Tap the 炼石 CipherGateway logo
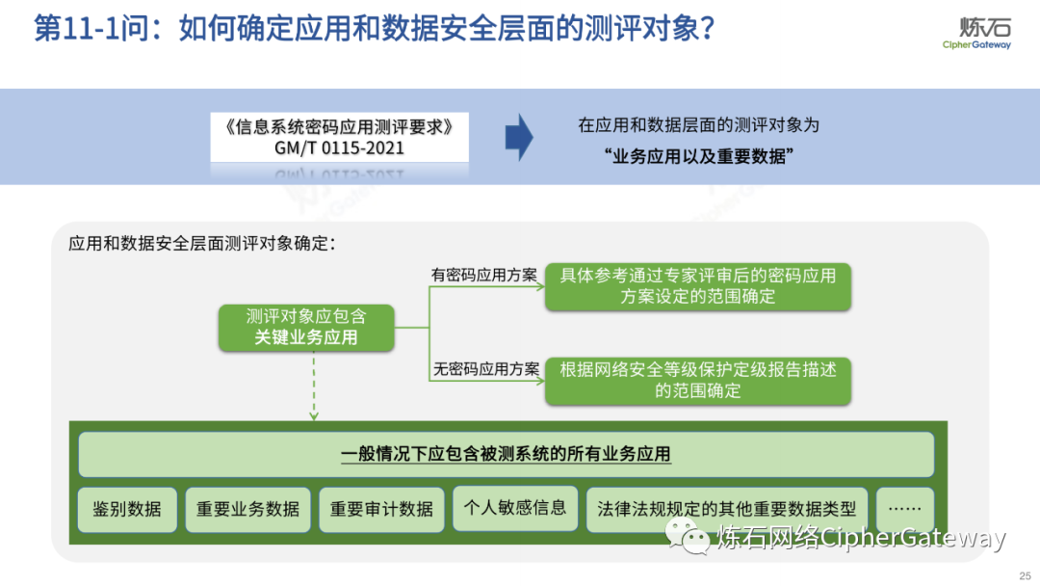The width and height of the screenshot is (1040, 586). coord(976,32)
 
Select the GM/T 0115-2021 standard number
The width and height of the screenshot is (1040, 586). coord(339,148)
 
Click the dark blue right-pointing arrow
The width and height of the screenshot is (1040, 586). coord(519,137)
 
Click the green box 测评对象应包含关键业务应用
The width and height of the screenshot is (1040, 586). coord(306,327)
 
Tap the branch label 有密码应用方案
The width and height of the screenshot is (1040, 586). coord(483,275)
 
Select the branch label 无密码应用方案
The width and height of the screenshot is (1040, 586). coord(485,368)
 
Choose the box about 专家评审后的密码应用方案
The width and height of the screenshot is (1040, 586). coord(698,286)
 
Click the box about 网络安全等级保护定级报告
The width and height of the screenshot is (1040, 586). coord(698,380)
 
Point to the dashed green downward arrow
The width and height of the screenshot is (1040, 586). coord(314,386)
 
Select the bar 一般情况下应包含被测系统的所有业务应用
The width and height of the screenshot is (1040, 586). coord(506,454)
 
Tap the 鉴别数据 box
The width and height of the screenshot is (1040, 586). coord(127,509)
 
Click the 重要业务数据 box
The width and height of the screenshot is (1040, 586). coord(248,509)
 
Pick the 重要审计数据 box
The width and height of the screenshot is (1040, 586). coord(381,509)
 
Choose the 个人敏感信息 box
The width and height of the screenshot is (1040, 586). coord(515,508)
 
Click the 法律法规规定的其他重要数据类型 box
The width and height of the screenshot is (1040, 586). coord(727,509)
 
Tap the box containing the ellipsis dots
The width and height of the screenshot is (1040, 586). coord(904,509)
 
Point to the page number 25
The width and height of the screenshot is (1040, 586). coord(1024,574)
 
